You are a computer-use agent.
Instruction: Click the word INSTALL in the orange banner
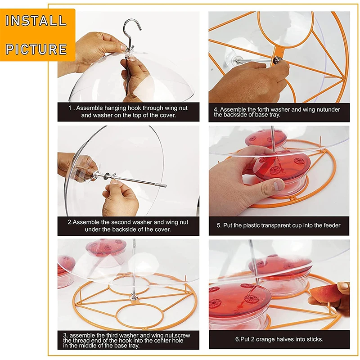(x=36, y=21)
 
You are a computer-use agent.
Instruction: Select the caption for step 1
(x=128, y=112)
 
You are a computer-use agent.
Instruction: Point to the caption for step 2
(x=128, y=226)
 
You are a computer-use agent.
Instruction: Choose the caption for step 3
(x=128, y=340)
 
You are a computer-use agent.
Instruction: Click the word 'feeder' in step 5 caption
(x=329, y=225)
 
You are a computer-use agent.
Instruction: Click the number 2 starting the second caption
(x=70, y=222)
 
